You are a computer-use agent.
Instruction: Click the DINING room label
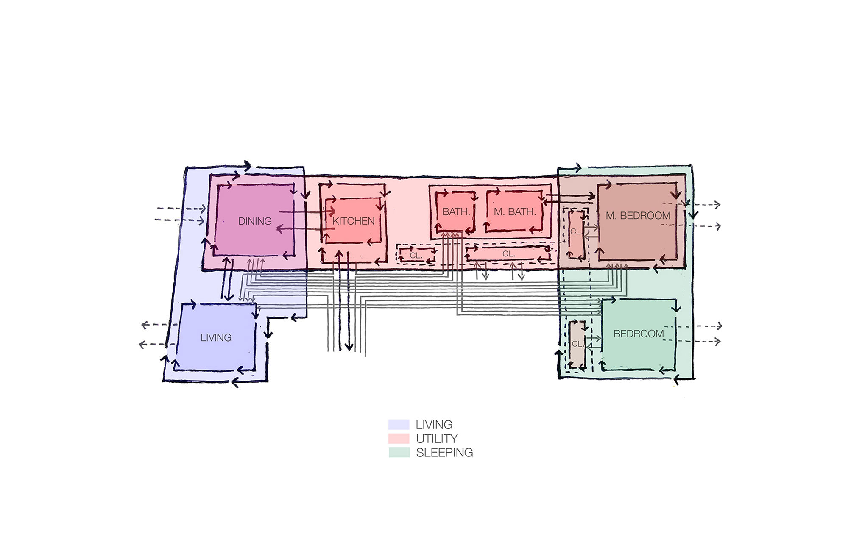click(255, 221)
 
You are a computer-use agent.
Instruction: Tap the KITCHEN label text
click(354, 221)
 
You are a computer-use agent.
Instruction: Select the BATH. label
click(456, 212)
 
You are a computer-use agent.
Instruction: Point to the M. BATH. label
click(515, 212)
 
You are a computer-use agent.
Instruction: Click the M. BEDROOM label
click(638, 216)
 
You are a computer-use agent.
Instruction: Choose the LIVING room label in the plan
click(216, 338)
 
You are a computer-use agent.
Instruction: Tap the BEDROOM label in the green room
click(639, 334)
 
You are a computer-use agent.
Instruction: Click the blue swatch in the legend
click(399, 425)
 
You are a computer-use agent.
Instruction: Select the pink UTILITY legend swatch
click(399, 439)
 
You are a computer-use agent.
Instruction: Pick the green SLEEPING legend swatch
click(399, 453)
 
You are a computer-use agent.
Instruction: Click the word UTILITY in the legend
click(437, 439)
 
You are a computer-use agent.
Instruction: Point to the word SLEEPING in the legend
click(444, 453)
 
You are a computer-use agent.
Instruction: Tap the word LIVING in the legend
click(434, 425)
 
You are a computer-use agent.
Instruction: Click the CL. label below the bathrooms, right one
click(509, 254)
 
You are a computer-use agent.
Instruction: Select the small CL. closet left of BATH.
click(416, 256)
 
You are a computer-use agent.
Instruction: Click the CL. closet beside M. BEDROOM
click(576, 232)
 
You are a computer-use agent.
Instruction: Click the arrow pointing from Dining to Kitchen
click(307, 211)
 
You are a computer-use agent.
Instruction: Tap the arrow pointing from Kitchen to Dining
click(305, 229)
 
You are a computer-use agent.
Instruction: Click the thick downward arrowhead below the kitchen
click(349, 346)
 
